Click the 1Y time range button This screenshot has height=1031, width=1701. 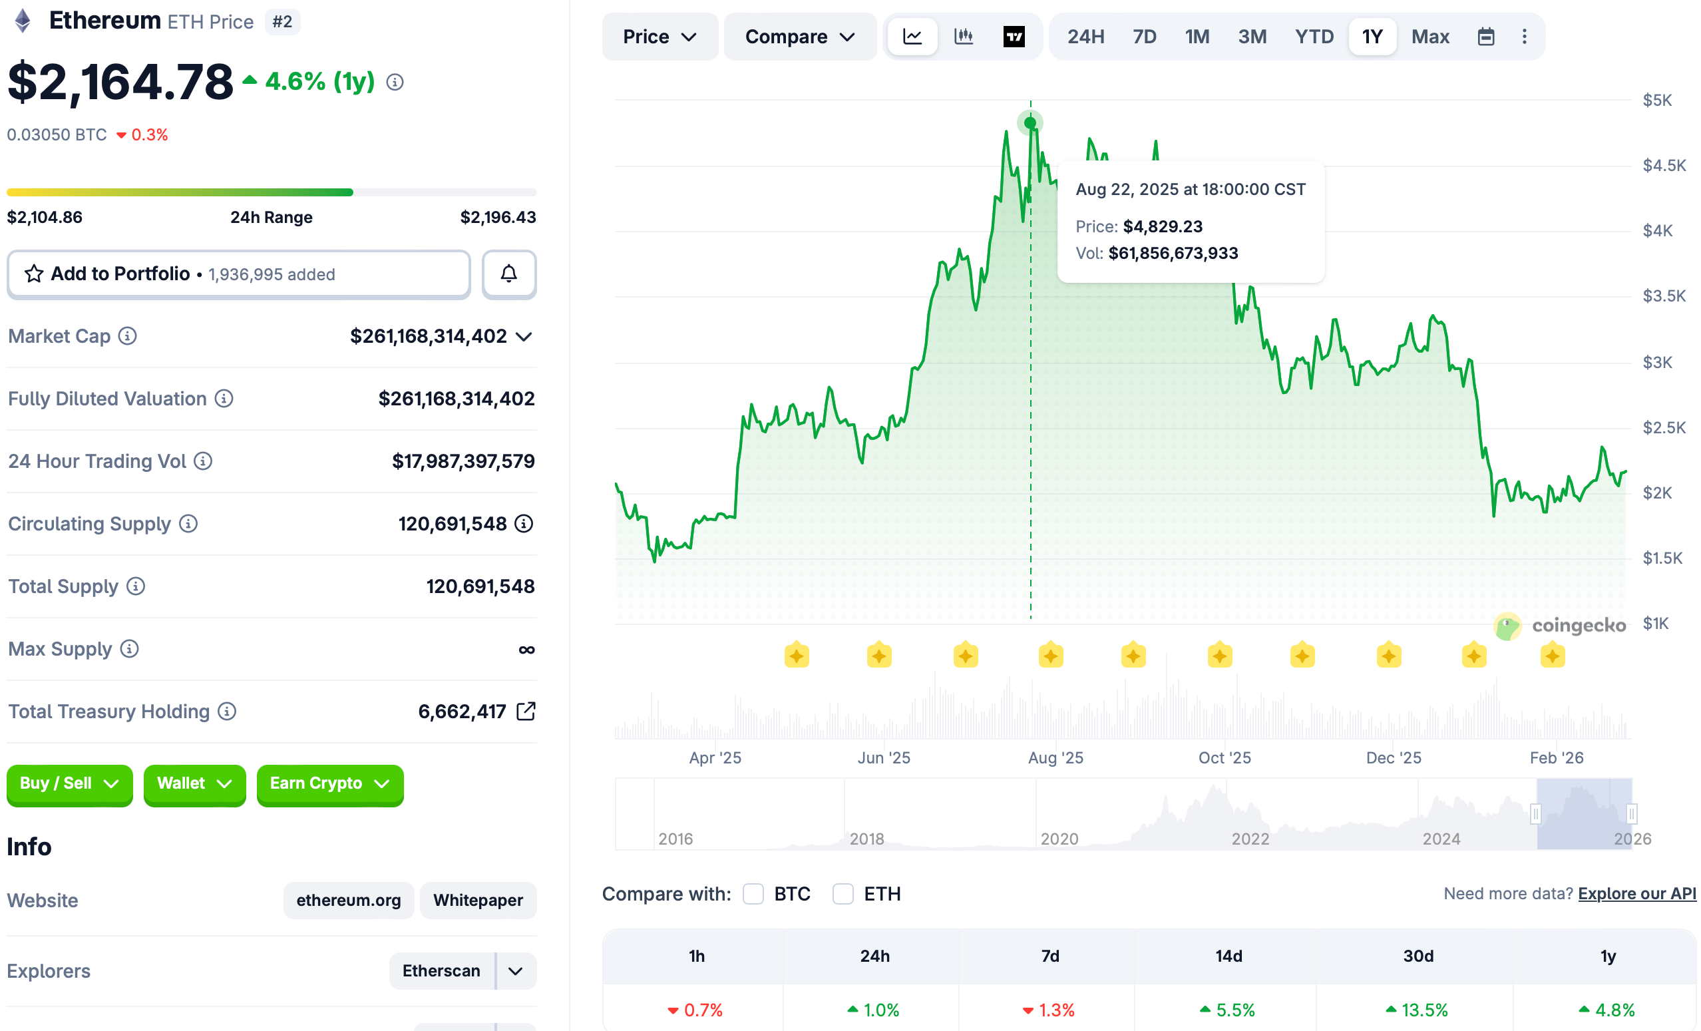tap(1372, 37)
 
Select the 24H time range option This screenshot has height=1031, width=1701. tap(1085, 37)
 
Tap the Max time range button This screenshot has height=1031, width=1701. tap(1429, 37)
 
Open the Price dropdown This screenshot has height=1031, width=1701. tap(660, 37)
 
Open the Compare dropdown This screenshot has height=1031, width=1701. tap(799, 37)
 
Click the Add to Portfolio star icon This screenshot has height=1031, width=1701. tap(34, 274)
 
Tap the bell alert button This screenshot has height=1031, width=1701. tap(509, 274)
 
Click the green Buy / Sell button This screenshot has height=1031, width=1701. tap(69, 784)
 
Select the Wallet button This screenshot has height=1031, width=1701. tap(194, 784)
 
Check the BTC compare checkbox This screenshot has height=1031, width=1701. tap(753, 894)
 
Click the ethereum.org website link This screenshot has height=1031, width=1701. tap(349, 900)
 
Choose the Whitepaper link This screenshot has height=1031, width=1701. tap(478, 900)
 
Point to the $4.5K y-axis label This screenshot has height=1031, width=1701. tap(1664, 166)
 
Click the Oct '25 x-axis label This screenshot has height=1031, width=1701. tap(1225, 757)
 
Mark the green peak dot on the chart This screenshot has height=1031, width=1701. tap(1030, 123)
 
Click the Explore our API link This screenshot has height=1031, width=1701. tap(1636, 894)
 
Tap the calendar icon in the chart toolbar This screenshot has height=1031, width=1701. tap(1485, 37)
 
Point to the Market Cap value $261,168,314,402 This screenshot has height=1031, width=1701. tap(428, 336)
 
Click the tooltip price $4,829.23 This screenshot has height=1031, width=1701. tap(1163, 226)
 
